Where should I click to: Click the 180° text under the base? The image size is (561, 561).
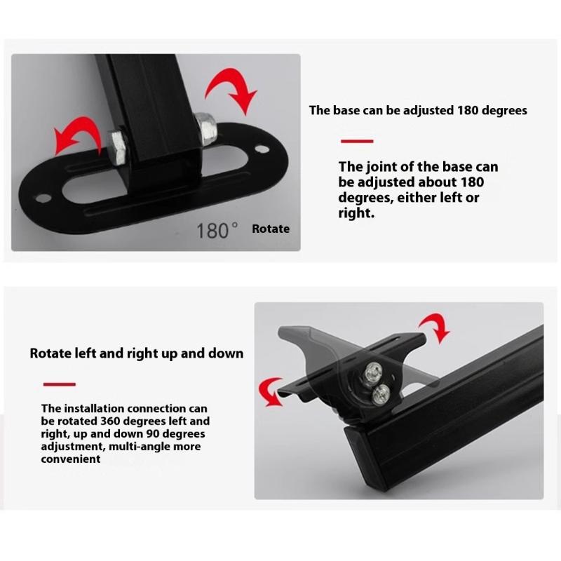pyautogui.click(x=218, y=229)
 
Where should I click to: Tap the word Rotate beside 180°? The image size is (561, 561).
pyautogui.click(x=271, y=229)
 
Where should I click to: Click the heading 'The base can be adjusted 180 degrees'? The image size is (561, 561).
pyautogui.click(x=418, y=110)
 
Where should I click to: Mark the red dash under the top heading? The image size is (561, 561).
pyautogui.click(x=356, y=142)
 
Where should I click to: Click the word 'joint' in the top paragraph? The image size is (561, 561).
pyautogui.click(x=381, y=167)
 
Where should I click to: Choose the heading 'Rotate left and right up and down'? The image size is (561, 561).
pyautogui.click(x=137, y=353)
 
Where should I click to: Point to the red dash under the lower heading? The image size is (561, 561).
pyautogui.click(x=60, y=384)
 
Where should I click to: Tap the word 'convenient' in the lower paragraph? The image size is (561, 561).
pyautogui.click(x=71, y=459)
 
